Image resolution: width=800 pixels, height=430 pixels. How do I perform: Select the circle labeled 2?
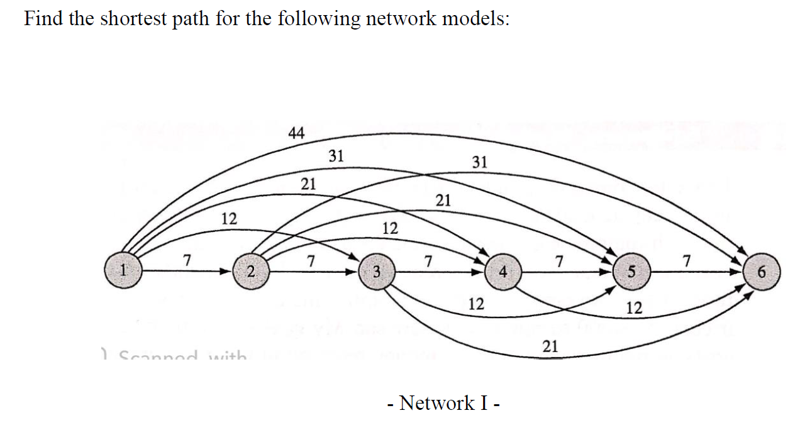coord(250,272)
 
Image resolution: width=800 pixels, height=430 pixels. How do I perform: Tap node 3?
coord(376,272)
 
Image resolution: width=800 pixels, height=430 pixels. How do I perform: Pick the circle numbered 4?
coord(502,272)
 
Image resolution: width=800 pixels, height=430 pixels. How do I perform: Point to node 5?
coord(630,272)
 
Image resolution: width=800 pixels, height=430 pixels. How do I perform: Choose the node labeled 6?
coord(762,272)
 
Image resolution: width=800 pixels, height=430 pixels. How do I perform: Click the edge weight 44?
coord(296,133)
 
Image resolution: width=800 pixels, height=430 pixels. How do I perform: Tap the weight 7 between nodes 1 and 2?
coord(186,259)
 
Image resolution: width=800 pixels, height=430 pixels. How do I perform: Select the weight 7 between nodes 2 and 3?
coord(309,259)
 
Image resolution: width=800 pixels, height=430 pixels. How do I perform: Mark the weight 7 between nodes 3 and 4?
coord(428,259)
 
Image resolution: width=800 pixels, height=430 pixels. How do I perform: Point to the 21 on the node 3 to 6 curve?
coord(550,345)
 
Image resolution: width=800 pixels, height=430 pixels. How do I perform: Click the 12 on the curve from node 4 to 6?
coord(635,308)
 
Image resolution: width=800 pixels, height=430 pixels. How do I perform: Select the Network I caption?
coord(444,402)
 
